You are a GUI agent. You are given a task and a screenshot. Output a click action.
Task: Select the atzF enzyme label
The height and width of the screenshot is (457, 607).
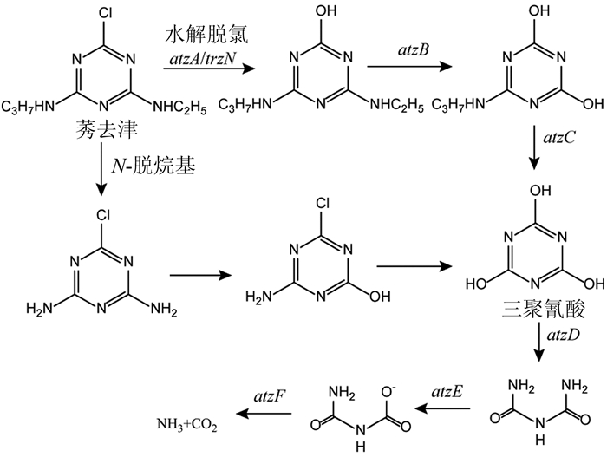point(265,397)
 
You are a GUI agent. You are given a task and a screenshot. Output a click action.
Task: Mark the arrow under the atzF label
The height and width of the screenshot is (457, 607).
point(265,414)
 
